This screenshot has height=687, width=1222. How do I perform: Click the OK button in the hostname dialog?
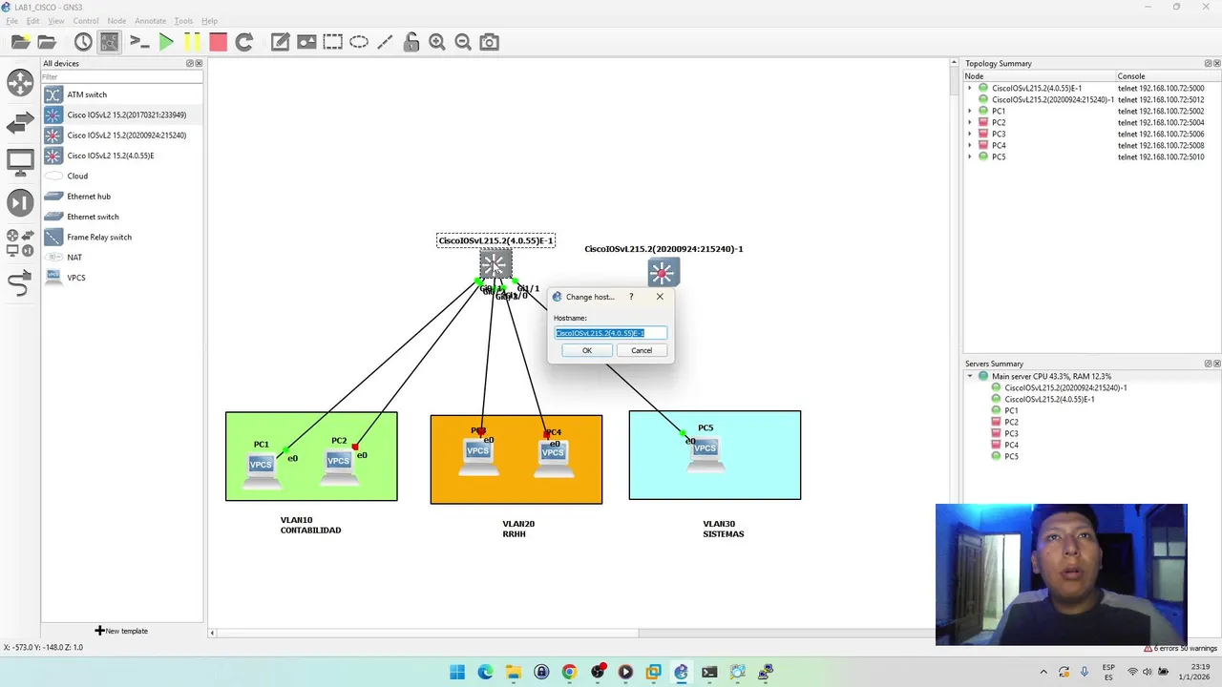click(587, 350)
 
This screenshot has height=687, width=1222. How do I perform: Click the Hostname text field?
click(610, 333)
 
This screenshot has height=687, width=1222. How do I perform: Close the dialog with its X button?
click(660, 297)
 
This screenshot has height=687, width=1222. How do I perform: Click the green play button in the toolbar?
click(166, 42)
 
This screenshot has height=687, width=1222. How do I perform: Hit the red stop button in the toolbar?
click(218, 42)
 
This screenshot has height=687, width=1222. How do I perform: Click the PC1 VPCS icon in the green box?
click(261, 467)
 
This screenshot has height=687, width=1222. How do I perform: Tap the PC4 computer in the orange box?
click(554, 453)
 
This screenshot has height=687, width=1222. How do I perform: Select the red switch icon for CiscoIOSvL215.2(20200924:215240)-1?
click(664, 273)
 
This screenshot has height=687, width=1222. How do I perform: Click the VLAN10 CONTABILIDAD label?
click(310, 525)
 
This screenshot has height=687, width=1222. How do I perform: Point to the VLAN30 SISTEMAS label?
click(723, 529)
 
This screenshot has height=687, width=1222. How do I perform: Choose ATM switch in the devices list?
click(87, 94)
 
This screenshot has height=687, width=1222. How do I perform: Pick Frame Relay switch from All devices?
click(99, 237)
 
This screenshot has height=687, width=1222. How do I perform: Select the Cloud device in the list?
click(77, 176)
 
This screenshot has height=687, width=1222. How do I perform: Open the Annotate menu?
click(150, 20)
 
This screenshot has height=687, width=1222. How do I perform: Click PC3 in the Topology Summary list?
click(999, 134)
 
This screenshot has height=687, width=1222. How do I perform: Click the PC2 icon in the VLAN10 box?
click(338, 463)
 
